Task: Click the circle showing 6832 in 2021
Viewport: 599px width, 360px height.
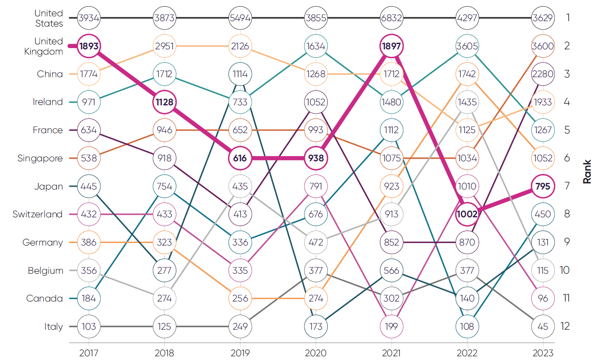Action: coord(391,18)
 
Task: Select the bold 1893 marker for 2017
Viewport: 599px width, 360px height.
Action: coord(89,46)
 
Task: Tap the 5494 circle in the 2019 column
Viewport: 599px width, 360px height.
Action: coord(240,18)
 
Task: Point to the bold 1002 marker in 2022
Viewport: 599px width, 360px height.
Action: coord(467,214)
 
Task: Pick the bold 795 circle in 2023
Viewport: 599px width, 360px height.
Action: coord(543,186)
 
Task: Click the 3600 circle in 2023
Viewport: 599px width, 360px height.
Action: coord(543,46)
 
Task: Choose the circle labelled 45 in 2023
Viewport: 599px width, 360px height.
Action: coord(543,326)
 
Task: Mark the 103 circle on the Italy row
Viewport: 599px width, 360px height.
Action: coord(89,326)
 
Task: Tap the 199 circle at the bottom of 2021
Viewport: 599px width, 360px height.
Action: coord(391,326)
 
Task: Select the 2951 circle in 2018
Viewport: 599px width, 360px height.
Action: coord(164,46)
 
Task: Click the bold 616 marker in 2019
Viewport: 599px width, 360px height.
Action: coord(240,158)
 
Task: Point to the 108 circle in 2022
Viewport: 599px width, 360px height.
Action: coord(467,326)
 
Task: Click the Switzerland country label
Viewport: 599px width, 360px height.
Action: coord(37,214)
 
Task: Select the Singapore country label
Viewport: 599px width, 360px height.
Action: coord(40,158)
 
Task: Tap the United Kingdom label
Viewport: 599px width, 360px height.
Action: coord(44,46)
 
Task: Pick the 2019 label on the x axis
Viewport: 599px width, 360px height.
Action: coord(240,353)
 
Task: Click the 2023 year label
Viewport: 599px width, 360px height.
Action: coord(543,353)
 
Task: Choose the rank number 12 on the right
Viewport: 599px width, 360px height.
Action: coord(565,326)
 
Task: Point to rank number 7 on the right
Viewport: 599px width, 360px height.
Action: coord(567,186)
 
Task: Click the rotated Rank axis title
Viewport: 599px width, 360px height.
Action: coord(587,172)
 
